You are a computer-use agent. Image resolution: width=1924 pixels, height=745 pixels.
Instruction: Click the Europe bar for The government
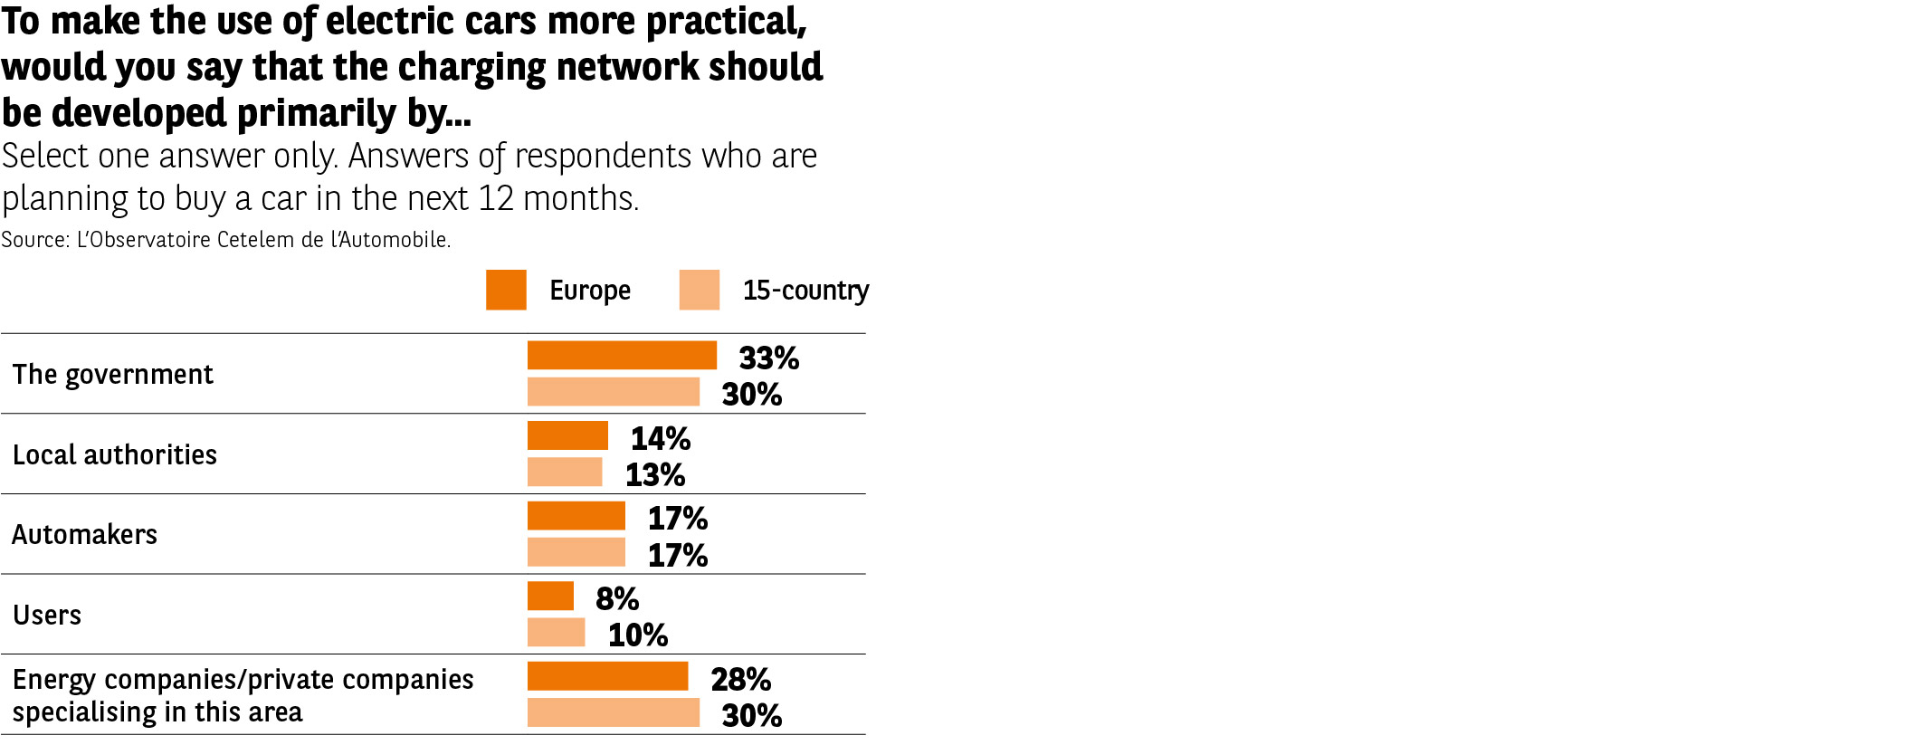click(622, 355)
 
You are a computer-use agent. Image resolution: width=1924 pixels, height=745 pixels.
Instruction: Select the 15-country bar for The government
click(614, 392)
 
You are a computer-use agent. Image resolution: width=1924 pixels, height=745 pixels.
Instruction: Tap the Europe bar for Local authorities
click(567, 435)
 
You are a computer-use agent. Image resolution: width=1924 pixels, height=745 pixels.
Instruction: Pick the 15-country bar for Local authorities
click(565, 472)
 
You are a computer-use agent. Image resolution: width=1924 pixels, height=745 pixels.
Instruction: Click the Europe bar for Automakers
click(576, 516)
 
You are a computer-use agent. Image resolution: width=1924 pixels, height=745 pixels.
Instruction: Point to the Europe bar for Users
click(550, 596)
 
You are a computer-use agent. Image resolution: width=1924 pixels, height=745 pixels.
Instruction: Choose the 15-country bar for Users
click(556, 632)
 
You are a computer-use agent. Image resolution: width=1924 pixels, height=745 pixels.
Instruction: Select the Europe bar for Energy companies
click(607, 676)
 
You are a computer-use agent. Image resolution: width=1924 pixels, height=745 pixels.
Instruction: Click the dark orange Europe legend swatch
click(506, 290)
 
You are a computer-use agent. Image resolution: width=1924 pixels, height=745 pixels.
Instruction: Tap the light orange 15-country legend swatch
click(700, 290)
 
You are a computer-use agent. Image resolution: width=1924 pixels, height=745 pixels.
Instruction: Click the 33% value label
click(768, 358)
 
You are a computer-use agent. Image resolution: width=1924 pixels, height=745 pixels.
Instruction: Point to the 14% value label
click(660, 439)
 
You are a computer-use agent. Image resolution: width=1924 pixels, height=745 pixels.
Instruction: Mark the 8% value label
click(617, 599)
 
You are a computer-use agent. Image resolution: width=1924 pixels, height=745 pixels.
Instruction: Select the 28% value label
click(740, 680)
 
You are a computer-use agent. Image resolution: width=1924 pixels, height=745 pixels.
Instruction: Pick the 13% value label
click(654, 475)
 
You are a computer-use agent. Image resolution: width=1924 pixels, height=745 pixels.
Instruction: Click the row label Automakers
click(84, 535)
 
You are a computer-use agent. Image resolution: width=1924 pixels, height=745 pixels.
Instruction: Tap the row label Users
click(47, 616)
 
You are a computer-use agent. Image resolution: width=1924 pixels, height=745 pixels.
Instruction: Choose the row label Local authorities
click(115, 454)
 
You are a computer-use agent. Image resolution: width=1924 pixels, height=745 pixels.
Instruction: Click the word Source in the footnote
click(33, 240)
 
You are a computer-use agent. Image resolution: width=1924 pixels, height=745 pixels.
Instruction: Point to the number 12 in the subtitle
click(496, 198)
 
